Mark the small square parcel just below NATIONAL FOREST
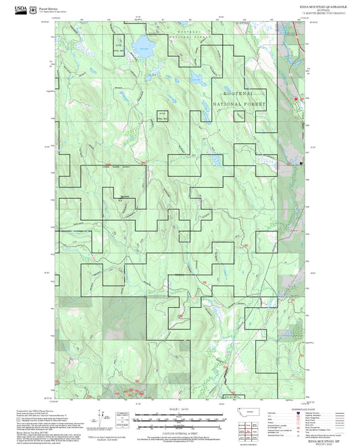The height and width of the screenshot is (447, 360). coord(239,115)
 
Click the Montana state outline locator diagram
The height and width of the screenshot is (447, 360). coord(247,413)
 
